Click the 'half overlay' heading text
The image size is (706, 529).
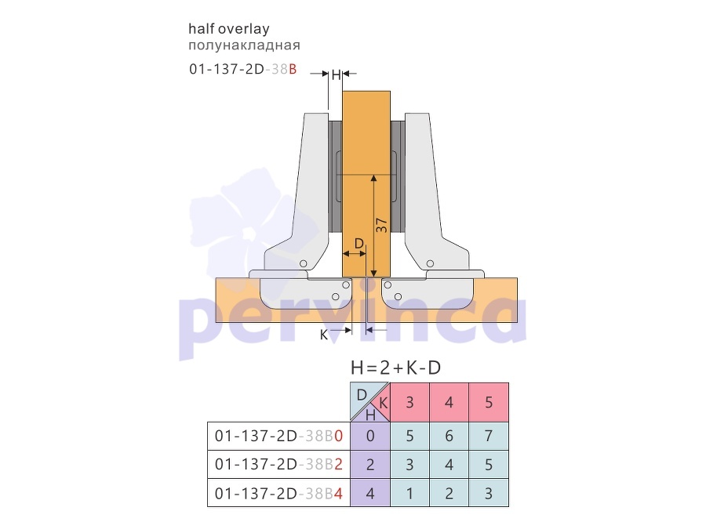pyautogui.click(x=229, y=29)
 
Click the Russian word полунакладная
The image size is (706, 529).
pyautogui.click(x=244, y=45)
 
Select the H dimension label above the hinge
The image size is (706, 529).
pyautogui.click(x=336, y=74)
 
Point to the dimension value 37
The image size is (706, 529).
pyautogui.click(x=381, y=225)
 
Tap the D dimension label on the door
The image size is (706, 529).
pyautogui.click(x=358, y=244)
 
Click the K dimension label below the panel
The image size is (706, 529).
pyautogui.click(x=324, y=335)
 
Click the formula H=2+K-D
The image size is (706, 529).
pyautogui.click(x=396, y=368)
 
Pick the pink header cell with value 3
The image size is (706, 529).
pyautogui.click(x=409, y=402)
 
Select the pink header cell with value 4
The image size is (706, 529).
pyautogui.click(x=449, y=402)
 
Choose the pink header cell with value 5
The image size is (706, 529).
pyautogui.click(x=489, y=402)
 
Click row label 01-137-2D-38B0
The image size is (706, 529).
pyautogui.click(x=278, y=436)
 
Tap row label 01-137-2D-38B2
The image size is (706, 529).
pyautogui.click(x=278, y=464)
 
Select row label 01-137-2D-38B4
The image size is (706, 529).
pyautogui.click(x=278, y=494)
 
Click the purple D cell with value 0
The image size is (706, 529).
pyautogui.click(x=370, y=436)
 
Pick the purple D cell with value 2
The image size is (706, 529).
pyautogui.click(x=370, y=464)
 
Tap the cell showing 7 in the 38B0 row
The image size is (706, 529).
pyautogui.click(x=489, y=436)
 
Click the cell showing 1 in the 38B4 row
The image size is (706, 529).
pyautogui.click(x=409, y=494)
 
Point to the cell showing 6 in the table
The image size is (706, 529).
pyautogui.click(x=449, y=436)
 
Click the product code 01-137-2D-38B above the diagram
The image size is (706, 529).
pyautogui.click(x=242, y=69)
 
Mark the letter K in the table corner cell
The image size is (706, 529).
pyautogui.click(x=383, y=403)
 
